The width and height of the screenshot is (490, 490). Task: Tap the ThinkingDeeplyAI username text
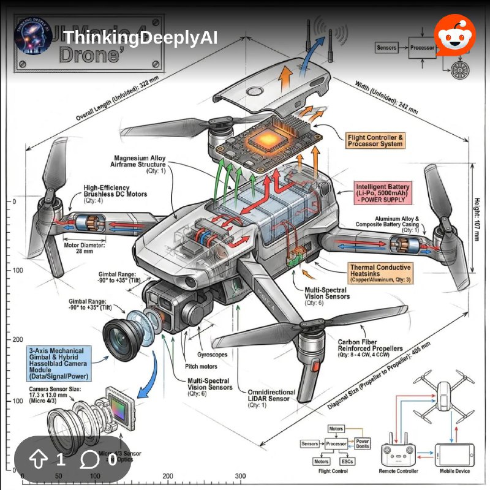[x=140, y=38]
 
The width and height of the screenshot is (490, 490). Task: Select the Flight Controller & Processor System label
[x=375, y=140]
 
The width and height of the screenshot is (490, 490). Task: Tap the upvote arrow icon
[x=39, y=460]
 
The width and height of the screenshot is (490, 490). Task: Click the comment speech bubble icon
[x=91, y=460]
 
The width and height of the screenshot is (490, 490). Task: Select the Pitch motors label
[x=201, y=366]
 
